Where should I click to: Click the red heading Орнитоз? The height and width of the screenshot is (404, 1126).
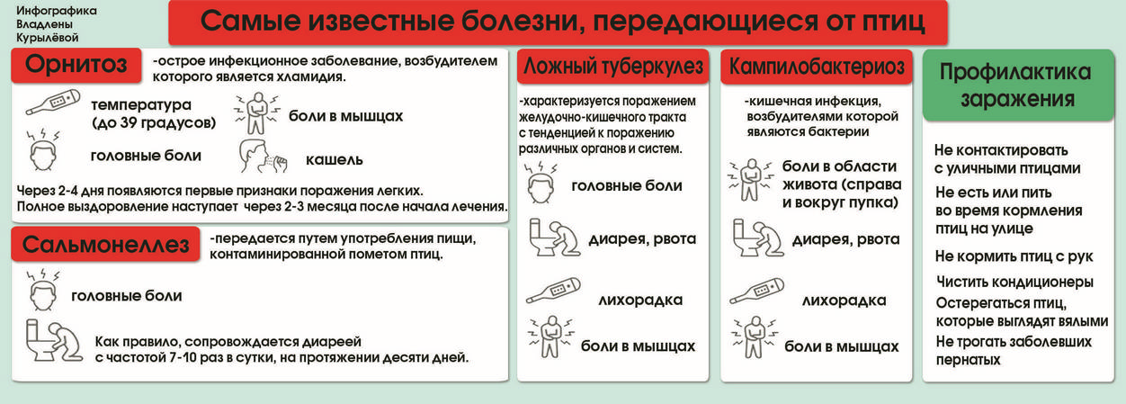pos(76,65)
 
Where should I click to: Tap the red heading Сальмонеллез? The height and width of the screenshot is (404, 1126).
pos(105,245)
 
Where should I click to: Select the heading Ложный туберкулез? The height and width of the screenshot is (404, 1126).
pos(612,67)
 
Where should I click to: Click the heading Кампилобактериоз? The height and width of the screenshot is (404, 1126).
pos(817,67)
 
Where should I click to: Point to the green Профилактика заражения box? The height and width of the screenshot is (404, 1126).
pos(1018,85)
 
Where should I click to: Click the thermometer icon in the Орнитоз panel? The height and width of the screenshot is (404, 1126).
pos(53,103)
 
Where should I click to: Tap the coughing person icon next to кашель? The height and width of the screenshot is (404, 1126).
pos(263,157)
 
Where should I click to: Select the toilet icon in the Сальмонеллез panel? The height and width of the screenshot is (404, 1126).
pos(54,340)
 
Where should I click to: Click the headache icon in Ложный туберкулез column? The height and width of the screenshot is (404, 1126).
pos(541,182)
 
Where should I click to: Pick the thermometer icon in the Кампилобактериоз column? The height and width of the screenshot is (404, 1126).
pos(756,292)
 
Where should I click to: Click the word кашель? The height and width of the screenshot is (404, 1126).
pos(335,160)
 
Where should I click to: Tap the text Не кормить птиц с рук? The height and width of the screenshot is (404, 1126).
pos(1014,256)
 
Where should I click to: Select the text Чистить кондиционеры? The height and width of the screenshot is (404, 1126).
pos(1014,282)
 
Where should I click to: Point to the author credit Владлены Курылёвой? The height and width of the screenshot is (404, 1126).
pos(48,31)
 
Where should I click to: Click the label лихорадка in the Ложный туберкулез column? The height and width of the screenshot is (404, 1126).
pos(640,301)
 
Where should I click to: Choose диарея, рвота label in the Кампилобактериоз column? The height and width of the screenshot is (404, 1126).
pos(846,239)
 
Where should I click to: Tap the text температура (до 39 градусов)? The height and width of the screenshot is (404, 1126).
pos(153,113)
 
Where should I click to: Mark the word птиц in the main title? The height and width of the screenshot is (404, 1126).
pos(894,22)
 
